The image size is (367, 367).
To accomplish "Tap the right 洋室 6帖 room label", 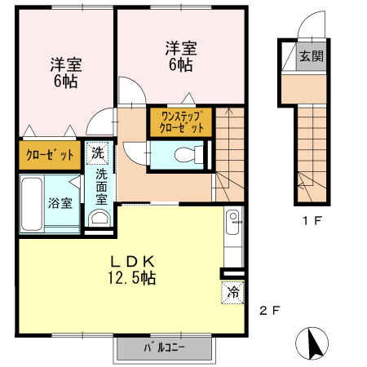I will coord(177,55).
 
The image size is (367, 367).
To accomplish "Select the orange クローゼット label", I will coord(49,155).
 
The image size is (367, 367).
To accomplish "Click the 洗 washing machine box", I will coord(98,153).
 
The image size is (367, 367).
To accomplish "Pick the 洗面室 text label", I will coord(101,186).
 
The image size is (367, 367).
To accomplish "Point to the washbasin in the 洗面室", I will coord(99,218).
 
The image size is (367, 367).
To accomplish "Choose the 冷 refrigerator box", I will coord(232,291).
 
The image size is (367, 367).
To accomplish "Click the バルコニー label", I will coord(165,347).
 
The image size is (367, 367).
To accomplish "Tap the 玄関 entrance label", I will coord(311,56).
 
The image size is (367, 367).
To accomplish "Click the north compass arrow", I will coord(312,343).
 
